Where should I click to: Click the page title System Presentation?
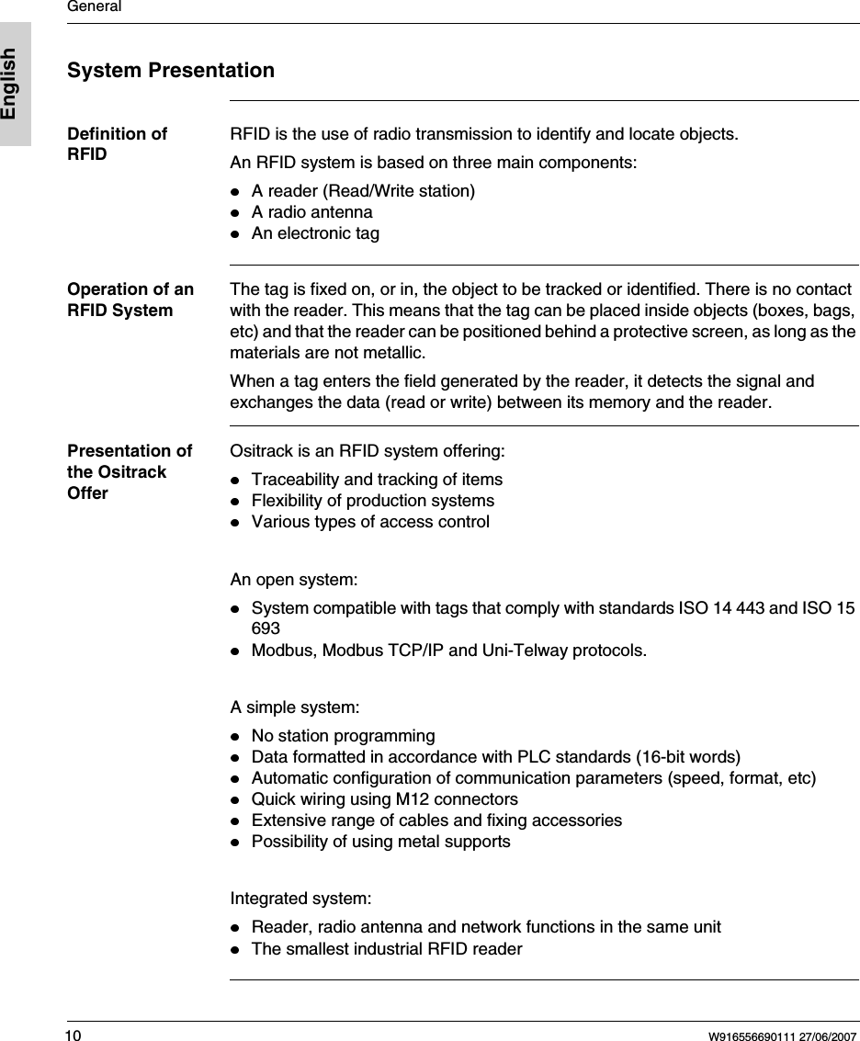(171, 70)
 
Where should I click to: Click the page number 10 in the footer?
(74, 1036)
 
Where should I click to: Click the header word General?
(95, 7)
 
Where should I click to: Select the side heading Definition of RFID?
(117, 143)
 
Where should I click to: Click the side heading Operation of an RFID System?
(130, 300)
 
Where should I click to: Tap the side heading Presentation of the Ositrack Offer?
(130, 471)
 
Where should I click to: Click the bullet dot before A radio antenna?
(235, 213)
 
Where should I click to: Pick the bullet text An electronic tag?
(315, 233)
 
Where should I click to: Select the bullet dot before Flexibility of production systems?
(235, 502)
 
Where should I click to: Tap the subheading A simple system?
(295, 707)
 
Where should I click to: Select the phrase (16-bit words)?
(688, 756)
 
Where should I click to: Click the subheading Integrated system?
(300, 897)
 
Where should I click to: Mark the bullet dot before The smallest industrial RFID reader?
(235, 949)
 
